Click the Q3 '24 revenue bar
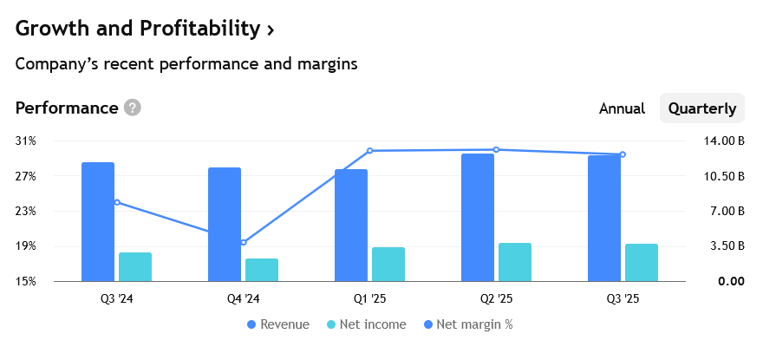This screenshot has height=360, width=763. (98, 221)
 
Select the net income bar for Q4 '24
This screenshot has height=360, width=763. (262, 270)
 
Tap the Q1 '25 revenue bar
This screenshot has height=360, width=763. (351, 225)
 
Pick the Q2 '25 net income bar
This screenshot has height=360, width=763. (515, 262)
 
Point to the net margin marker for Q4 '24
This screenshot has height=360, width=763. (244, 242)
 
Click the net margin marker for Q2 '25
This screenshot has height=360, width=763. (496, 150)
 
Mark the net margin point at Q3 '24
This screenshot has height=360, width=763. (117, 202)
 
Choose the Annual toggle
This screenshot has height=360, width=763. (622, 108)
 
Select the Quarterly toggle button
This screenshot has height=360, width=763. (702, 108)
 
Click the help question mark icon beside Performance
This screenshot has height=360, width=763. (132, 108)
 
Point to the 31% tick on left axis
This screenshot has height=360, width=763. (26, 141)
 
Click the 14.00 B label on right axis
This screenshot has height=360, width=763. (725, 141)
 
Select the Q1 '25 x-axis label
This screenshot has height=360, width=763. (369, 299)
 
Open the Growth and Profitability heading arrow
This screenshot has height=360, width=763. (271, 29)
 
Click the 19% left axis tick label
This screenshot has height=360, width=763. (26, 246)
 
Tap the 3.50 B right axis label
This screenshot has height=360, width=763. (727, 246)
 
